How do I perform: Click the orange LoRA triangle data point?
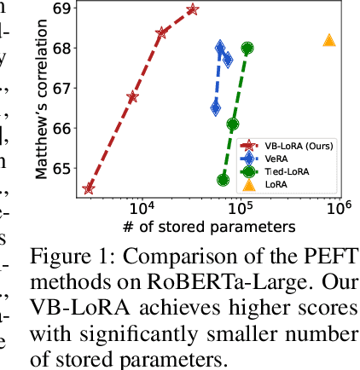pyautogui.click(x=330, y=40)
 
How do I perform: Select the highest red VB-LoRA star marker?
pyautogui.click(x=192, y=10)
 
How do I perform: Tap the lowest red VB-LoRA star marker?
pyautogui.click(x=89, y=188)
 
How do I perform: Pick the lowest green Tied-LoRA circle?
pyautogui.click(x=223, y=180)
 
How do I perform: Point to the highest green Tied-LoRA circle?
pyautogui.click(x=247, y=49)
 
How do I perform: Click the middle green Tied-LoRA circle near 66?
pyautogui.click(x=233, y=124)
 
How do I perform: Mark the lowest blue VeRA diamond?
pyautogui.click(x=216, y=107)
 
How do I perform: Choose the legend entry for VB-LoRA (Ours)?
pyautogui.click(x=294, y=146)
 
